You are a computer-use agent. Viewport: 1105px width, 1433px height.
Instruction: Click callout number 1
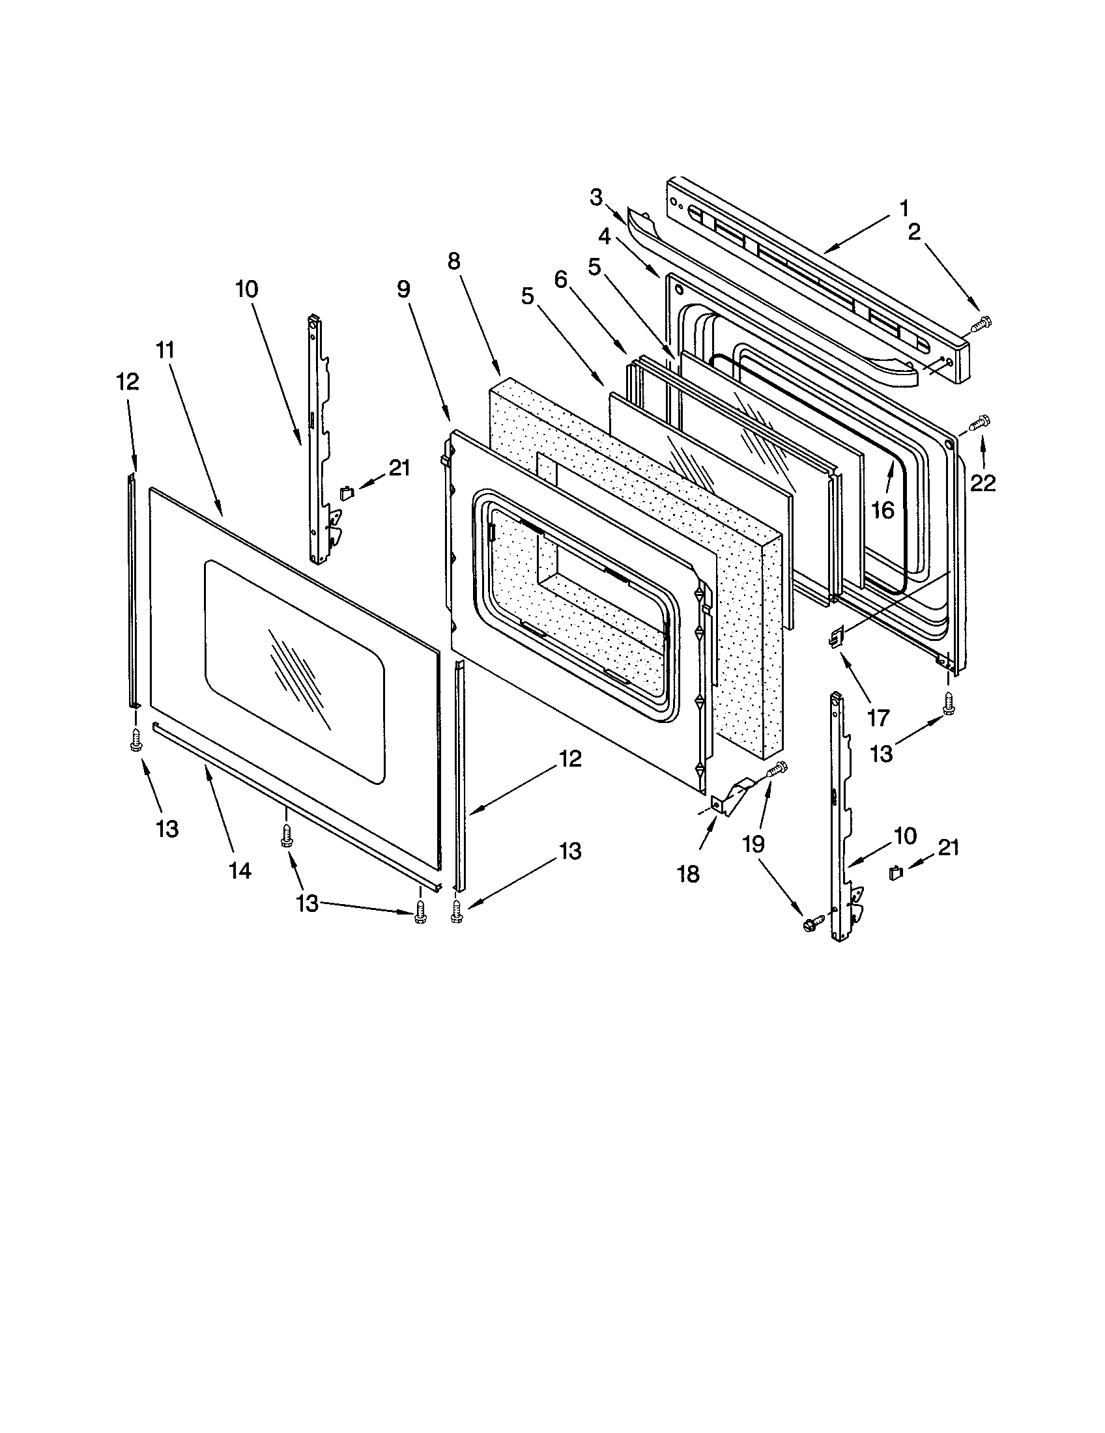[904, 208]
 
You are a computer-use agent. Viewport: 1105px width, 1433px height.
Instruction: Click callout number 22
[983, 483]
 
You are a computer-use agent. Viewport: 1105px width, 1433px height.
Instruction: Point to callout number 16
[884, 510]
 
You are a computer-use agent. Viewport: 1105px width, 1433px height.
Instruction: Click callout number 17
[878, 718]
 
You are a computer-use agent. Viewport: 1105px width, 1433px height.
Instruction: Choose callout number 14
[240, 870]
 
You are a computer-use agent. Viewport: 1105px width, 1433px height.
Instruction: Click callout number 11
[165, 350]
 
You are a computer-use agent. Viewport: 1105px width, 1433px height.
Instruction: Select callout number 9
[403, 289]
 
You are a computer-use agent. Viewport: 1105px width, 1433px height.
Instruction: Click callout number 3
[595, 197]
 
